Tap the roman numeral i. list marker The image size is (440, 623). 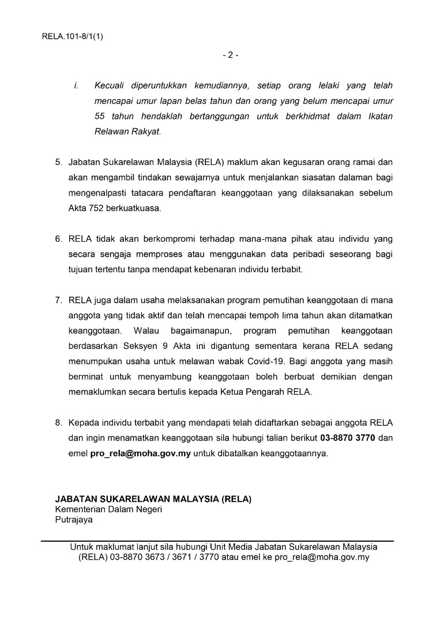tap(76, 86)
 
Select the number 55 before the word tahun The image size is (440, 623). tap(101, 116)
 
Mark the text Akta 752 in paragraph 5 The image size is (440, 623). tap(86, 208)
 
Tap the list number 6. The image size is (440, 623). tap(58, 238)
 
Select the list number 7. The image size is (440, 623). tap(58, 300)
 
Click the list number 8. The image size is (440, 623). tap(58, 422)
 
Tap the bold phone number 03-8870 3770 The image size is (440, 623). tap(348, 438)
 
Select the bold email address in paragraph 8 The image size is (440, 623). tap(141, 453)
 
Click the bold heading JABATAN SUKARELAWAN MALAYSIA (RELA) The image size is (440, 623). tap(153, 499)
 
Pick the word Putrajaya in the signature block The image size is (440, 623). tap(74, 519)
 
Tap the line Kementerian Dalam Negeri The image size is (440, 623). tap(108, 509)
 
